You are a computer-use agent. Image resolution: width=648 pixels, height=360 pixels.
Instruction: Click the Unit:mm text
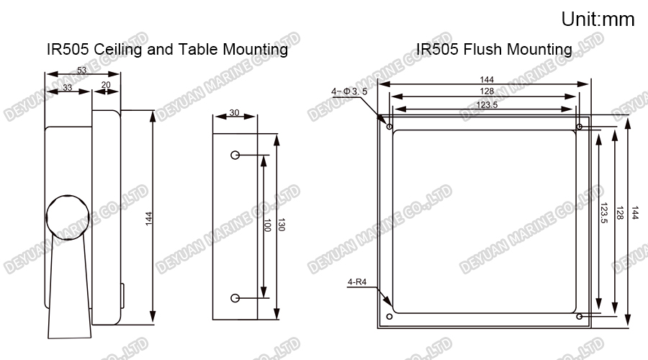598,19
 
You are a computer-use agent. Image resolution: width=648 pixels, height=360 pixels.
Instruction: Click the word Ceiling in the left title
118,50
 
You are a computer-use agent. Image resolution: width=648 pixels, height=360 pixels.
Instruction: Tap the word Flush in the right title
482,49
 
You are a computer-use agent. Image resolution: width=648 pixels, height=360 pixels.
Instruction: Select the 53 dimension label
82,70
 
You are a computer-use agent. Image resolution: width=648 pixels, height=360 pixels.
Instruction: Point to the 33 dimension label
67,87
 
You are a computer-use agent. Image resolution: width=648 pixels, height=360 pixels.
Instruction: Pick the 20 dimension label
106,85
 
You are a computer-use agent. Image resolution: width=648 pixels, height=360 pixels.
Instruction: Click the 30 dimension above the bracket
234,112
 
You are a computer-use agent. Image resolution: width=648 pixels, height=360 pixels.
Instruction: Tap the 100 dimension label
267,225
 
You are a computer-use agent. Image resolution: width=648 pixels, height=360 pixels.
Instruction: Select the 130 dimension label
281,225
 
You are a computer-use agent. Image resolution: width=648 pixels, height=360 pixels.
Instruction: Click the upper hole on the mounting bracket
235,155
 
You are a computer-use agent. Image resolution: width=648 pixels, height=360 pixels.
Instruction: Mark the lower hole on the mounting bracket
235,298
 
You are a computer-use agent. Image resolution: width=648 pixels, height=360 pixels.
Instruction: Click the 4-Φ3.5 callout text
349,91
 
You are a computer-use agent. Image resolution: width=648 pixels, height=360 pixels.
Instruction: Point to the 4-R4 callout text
357,282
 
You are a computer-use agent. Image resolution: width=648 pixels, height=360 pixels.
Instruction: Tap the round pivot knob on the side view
68,216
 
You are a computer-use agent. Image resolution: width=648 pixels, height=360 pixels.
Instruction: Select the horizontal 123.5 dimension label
487,104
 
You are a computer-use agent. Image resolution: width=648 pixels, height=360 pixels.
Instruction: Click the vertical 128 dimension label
619,213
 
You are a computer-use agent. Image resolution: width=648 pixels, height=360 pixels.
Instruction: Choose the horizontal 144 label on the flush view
487,79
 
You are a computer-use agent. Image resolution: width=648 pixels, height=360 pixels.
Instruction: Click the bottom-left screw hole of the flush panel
390,317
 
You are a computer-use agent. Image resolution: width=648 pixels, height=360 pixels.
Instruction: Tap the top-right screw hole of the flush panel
580,127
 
